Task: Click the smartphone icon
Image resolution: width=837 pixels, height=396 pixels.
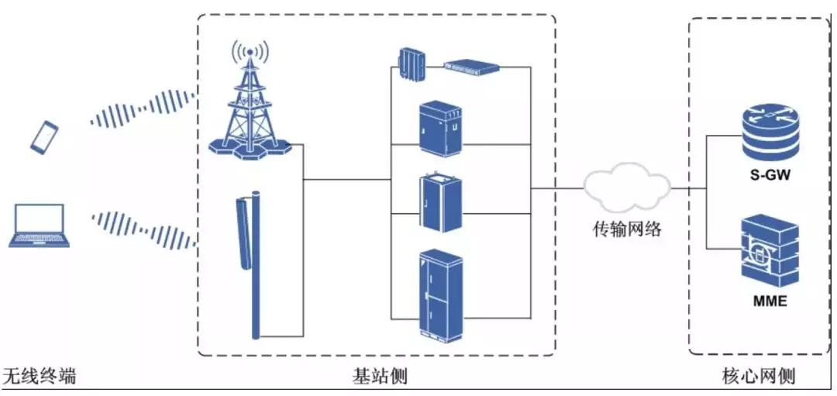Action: tap(44, 136)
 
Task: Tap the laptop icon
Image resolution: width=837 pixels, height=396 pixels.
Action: tap(40, 225)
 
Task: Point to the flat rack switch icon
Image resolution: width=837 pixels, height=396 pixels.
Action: tap(471, 67)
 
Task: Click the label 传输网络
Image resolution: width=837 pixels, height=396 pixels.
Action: tap(627, 229)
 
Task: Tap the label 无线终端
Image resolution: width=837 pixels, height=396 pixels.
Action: tap(40, 377)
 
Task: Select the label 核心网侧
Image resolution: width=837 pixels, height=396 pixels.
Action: tap(757, 377)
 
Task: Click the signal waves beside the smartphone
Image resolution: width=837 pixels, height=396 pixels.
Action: tap(143, 109)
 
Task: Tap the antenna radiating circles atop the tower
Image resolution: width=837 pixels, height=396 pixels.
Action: tap(249, 53)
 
